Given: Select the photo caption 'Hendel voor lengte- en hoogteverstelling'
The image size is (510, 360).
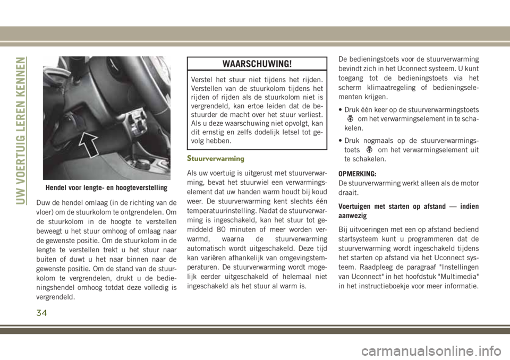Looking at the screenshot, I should tap(106, 187).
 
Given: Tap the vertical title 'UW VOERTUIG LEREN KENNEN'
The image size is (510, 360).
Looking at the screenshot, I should tap(21, 130).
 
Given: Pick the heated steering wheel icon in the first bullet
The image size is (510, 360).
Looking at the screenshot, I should tap(351, 119).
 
